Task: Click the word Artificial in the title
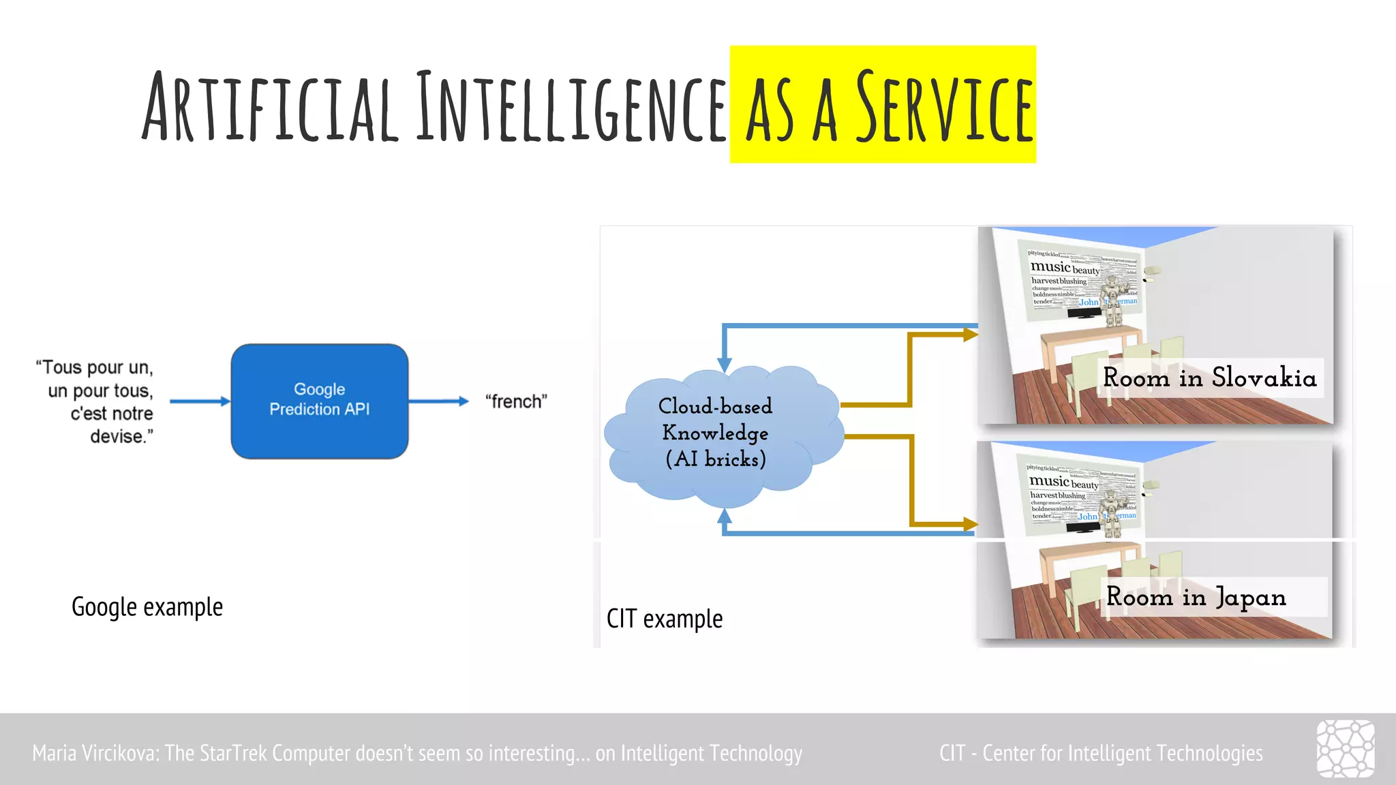pos(269,107)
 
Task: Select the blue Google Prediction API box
pos(319,401)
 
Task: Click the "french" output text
pos(516,401)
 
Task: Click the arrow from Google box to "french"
pos(439,401)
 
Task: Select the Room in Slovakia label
pos(1209,378)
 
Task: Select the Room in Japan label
pos(1196,597)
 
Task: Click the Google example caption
pos(147,606)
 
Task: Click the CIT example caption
pos(665,619)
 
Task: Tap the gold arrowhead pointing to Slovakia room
pos(970,335)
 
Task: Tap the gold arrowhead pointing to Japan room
pos(970,524)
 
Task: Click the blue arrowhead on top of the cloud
pos(725,365)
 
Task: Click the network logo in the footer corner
pos(1345,748)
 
